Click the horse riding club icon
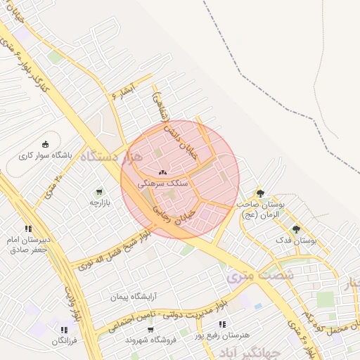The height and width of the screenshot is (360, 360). tap(46, 144)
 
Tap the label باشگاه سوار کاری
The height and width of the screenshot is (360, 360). tap(46, 156)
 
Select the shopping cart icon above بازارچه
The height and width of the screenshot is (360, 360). tap(99, 191)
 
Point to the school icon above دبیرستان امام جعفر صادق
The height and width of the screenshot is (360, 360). tap(28, 229)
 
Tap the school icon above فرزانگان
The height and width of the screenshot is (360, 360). tap(64, 329)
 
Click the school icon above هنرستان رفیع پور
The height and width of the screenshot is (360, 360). tap(222, 324)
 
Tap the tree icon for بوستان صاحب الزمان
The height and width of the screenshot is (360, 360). tap(260, 193)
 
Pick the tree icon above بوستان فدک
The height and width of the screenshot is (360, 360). tap(296, 229)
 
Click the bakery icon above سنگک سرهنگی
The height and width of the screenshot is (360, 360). tap(163, 171)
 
